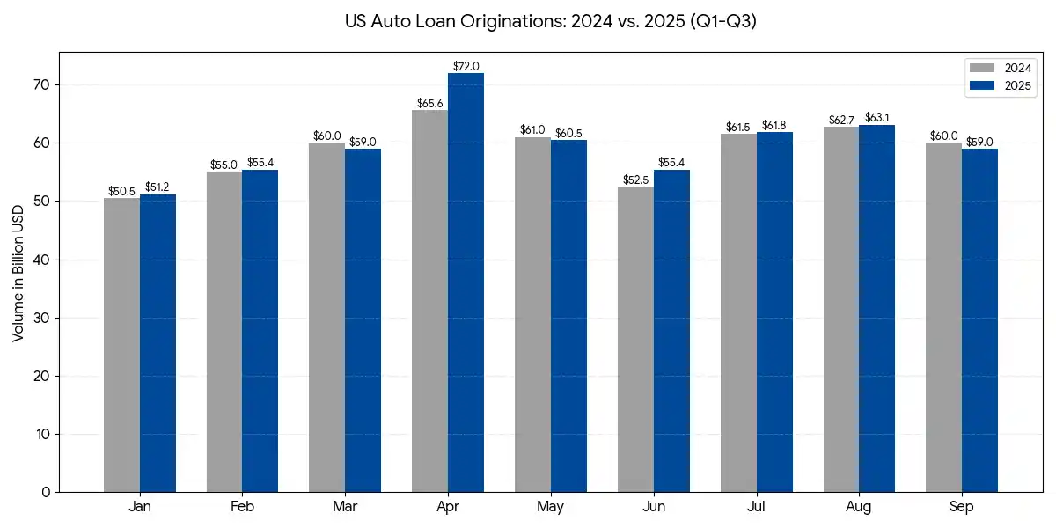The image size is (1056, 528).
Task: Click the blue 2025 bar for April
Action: [x=466, y=282]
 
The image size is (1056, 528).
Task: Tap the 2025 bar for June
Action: [x=671, y=331]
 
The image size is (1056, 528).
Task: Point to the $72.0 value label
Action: [x=466, y=66]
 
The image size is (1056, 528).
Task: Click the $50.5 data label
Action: [x=121, y=191]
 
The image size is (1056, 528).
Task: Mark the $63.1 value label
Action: [x=877, y=118]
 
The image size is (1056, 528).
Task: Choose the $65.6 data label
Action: [x=430, y=103]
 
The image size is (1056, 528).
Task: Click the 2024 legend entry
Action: [x=999, y=68]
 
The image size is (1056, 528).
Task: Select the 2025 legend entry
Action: [x=999, y=85]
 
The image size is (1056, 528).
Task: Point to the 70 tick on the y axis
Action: [x=43, y=85]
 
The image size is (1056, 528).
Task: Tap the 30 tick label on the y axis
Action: [x=43, y=318]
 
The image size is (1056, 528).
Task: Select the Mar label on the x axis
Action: [x=344, y=508]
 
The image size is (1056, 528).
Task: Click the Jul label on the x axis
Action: [x=756, y=508]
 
